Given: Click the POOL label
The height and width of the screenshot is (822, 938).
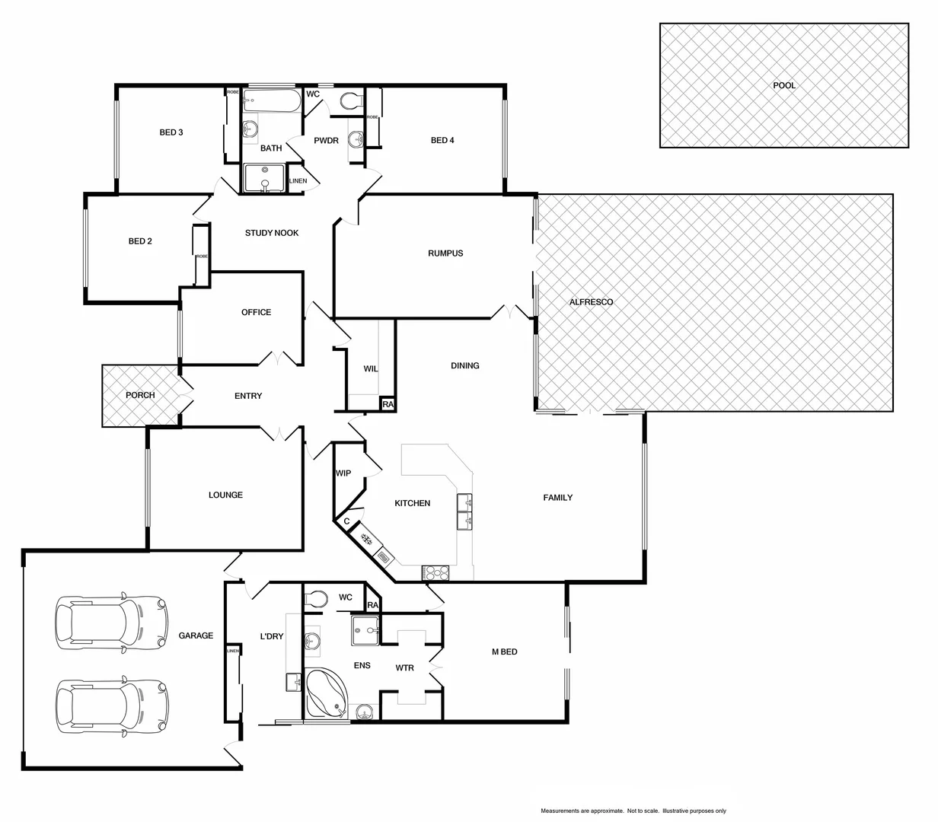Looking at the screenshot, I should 784,85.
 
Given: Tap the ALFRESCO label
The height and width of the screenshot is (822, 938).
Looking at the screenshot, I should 591,302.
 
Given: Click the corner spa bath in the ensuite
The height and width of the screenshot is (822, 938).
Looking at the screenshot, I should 326,693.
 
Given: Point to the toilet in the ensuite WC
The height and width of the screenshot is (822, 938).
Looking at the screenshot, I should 316,597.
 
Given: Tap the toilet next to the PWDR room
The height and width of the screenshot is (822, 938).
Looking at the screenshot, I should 352,100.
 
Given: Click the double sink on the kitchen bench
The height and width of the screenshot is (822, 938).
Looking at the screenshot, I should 464,511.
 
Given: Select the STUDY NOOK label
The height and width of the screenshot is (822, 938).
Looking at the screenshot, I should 272,233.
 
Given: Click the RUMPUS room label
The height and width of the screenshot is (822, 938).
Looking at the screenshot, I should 445,253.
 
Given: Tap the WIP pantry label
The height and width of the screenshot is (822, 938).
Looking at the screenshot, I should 343,473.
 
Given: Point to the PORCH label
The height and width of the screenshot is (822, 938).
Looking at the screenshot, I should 140,395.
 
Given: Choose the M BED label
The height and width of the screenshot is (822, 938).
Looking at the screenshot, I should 504,652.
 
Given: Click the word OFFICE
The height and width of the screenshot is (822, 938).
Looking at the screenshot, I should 256,312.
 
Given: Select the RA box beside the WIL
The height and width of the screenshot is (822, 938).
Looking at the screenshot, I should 388,404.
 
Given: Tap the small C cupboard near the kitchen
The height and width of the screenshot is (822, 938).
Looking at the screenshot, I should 346,522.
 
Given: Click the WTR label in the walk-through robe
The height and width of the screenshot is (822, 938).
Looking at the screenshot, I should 404,668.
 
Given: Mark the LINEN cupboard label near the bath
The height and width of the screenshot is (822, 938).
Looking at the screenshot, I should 298,181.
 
